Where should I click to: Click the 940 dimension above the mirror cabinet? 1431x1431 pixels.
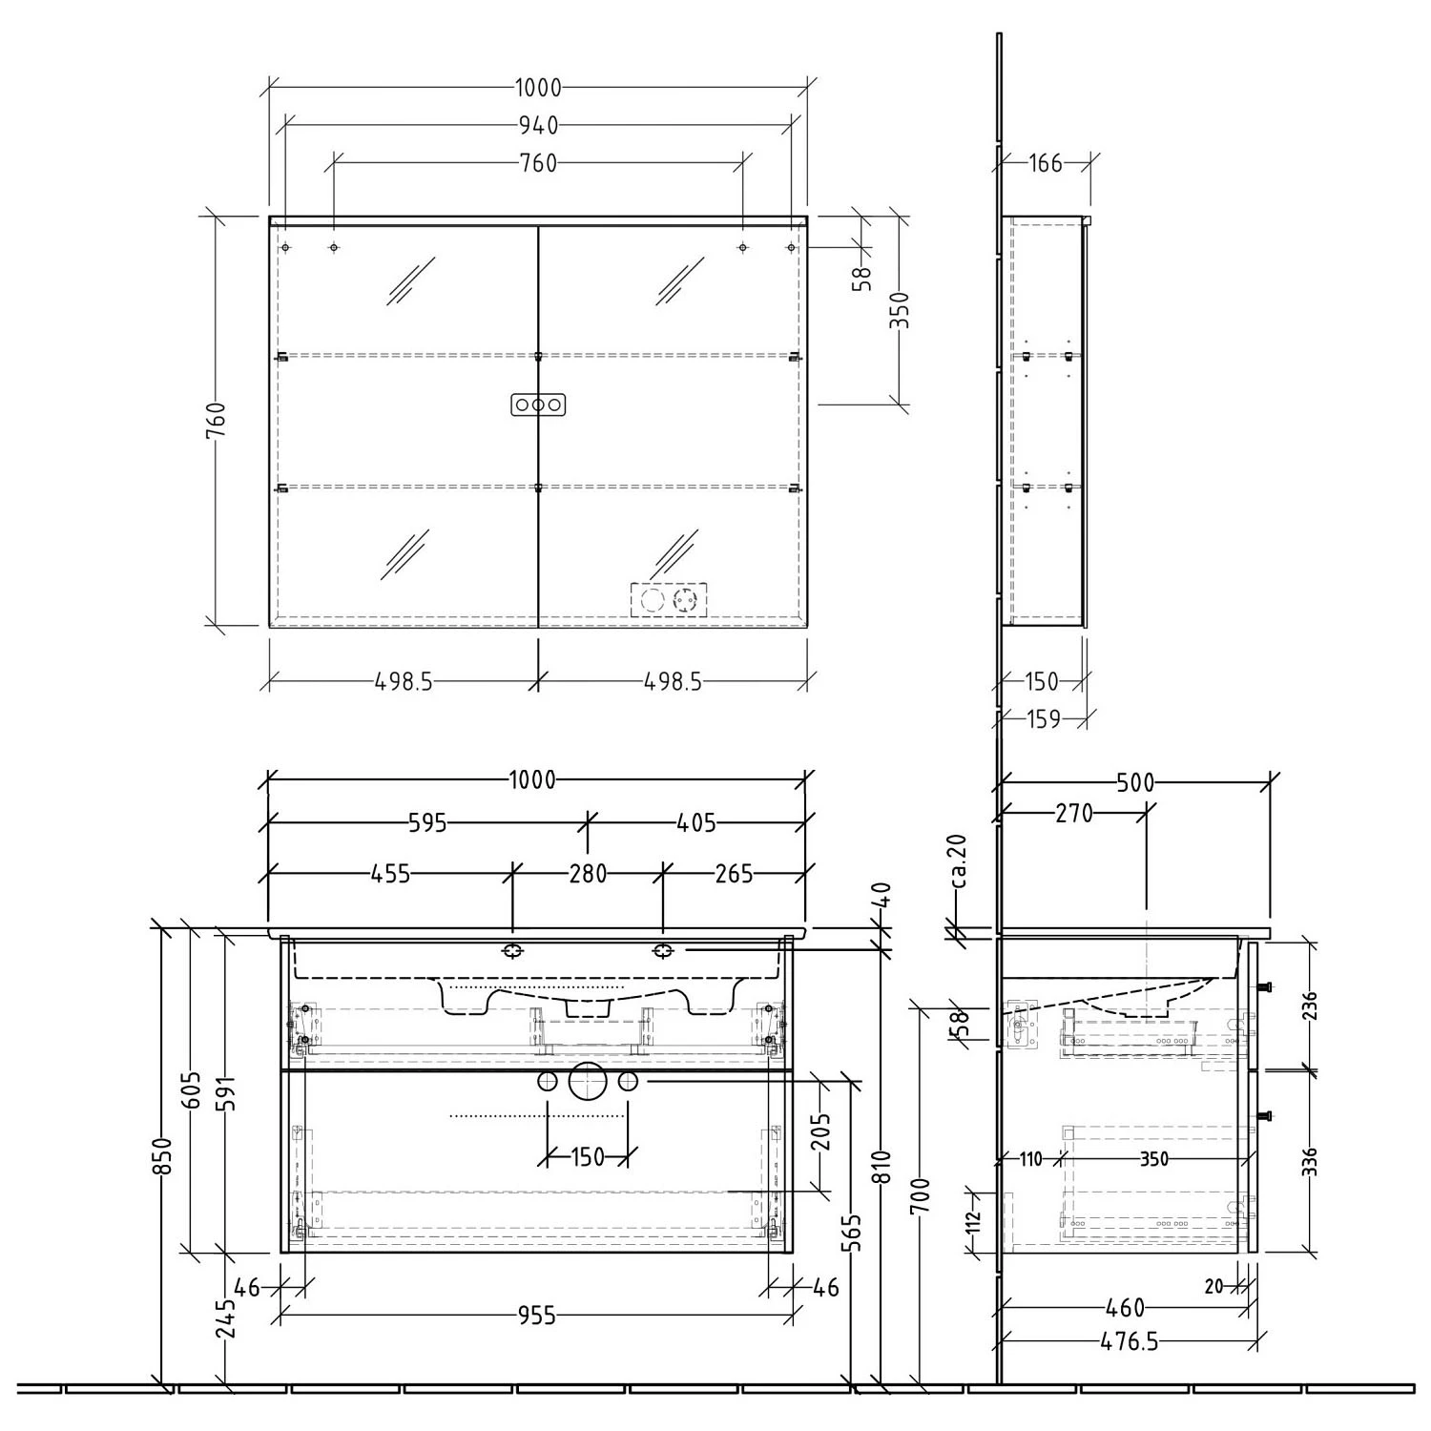coord(538,125)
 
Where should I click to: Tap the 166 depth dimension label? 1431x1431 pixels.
coord(1046,163)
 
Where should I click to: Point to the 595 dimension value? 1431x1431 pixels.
coord(427,822)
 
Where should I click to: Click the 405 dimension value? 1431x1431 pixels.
coord(696,821)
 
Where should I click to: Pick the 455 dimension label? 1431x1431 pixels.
coord(390,873)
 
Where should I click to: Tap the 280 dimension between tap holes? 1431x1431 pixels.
coord(588,873)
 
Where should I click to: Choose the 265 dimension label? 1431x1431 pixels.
coord(734,873)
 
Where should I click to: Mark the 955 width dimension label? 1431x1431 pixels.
coord(536,1317)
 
